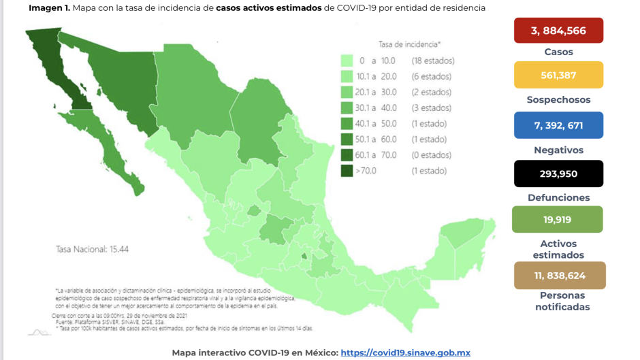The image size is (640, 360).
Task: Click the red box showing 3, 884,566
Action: pos(558,30)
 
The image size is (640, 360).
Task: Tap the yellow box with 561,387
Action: pos(558,75)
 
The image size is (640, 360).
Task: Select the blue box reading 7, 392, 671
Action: pos(558,125)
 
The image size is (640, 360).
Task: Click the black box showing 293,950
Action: pos(558,174)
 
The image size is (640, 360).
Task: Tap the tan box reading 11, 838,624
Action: pos(558,276)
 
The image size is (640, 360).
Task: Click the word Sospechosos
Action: pos(558,99)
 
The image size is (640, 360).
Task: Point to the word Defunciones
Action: pos(558,197)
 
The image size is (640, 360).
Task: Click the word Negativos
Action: pos(558,150)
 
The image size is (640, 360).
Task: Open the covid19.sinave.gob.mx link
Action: pos(405,353)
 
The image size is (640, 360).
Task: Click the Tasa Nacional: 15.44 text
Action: pos(92,249)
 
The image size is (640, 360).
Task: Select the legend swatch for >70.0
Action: pos(347,171)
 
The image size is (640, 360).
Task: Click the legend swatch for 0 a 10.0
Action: pos(347,61)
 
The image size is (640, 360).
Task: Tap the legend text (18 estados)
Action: pos(432,61)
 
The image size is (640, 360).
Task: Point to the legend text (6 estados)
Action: pos(430,76)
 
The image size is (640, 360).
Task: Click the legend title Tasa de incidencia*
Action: pos(409,44)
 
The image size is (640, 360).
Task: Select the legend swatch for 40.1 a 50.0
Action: pos(347,123)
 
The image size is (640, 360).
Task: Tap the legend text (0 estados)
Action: pos(430,155)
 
